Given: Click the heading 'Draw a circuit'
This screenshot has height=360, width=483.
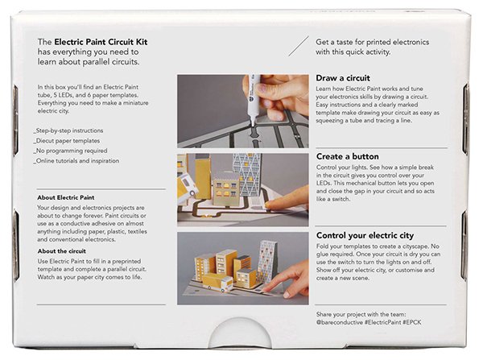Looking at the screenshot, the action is [343, 78].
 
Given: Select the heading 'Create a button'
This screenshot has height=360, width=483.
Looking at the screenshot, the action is [348, 156].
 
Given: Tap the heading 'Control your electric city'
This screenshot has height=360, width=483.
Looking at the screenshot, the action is [365, 235].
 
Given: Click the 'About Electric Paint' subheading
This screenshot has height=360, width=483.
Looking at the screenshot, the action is [66, 197].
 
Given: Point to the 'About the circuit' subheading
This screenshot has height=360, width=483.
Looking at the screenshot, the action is [62, 251].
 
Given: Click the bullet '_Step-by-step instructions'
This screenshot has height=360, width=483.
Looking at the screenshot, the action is [68, 130].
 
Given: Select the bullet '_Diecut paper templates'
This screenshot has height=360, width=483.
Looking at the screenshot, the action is [67, 141].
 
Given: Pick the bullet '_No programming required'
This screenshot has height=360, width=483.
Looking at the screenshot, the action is [70, 151].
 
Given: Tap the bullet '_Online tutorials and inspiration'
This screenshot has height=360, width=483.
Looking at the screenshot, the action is [76, 161].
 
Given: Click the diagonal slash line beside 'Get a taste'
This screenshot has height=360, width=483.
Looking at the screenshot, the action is [299, 46].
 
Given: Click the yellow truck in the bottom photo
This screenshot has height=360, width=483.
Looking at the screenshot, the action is [218, 282].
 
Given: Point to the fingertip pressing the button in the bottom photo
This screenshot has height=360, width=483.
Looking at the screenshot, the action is [266, 289].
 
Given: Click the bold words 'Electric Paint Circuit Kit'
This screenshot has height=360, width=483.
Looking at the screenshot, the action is [101, 42].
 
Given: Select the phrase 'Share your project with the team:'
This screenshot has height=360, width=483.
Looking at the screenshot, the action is [361, 314].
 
